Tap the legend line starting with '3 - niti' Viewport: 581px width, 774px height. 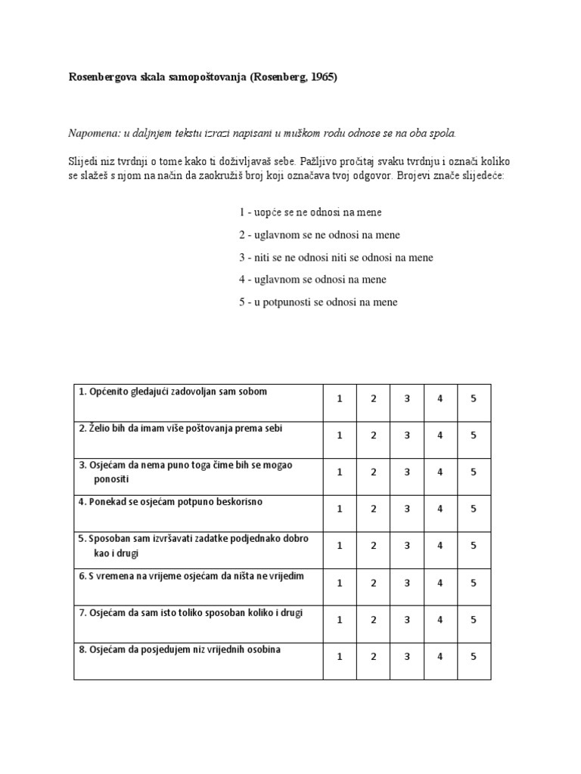click(336, 257)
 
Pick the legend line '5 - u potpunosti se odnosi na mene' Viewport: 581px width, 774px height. click(318, 302)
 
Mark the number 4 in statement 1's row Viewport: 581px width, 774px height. click(440, 398)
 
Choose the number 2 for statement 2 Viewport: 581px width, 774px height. click(374, 435)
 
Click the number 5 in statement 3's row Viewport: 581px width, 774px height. click(474, 472)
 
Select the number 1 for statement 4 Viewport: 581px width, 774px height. click(340, 509)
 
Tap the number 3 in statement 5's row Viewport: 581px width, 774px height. click(407, 546)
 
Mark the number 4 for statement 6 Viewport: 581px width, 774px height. click(440, 583)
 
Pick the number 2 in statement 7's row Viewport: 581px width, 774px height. click(374, 620)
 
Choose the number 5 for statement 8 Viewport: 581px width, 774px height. click(474, 657)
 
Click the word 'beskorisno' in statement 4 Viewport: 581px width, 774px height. click(238, 502)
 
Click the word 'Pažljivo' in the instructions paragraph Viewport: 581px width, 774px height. click(321, 162)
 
